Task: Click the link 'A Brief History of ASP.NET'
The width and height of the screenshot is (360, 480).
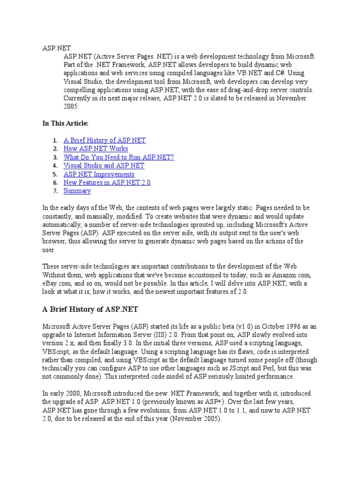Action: pyautogui.click(x=105, y=140)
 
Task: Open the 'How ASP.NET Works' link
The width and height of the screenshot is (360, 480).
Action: pyautogui.click(x=96, y=149)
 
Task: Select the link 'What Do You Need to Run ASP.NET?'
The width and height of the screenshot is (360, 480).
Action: pyautogui.click(x=119, y=157)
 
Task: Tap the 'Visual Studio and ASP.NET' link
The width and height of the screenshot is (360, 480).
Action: pyautogui.click(x=104, y=165)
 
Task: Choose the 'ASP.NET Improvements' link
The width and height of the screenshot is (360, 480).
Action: pyautogui.click(x=99, y=174)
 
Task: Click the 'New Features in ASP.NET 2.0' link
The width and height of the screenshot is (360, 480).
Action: pyautogui.click(x=107, y=182)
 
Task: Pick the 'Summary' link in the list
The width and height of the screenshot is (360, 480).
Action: pyautogui.click(x=77, y=191)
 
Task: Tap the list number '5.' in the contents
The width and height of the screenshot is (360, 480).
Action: pyautogui.click(x=54, y=174)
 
